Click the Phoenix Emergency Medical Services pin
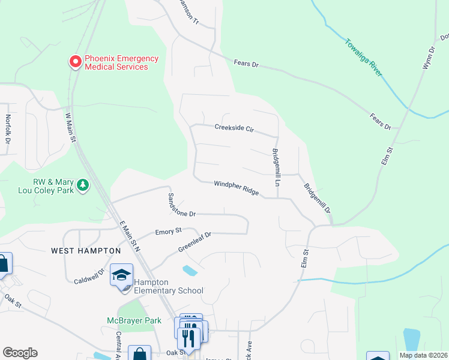click(x=76, y=62)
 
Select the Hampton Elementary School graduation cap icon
click(x=121, y=275)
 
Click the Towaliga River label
click(x=364, y=58)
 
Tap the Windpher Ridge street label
click(x=236, y=188)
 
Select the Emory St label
click(x=168, y=231)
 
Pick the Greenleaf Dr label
click(x=194, y=242)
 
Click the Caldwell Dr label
click(x=89, y=276)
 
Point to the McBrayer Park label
click(x=134, y=321)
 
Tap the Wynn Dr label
click(x=428, y=58)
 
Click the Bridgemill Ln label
click(x=276, y=166)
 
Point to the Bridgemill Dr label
click(x=317, y=199)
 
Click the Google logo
click(x=20, y=353)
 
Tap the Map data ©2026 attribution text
click(x=423, y=355)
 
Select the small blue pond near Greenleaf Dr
click(x=189, y=270)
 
